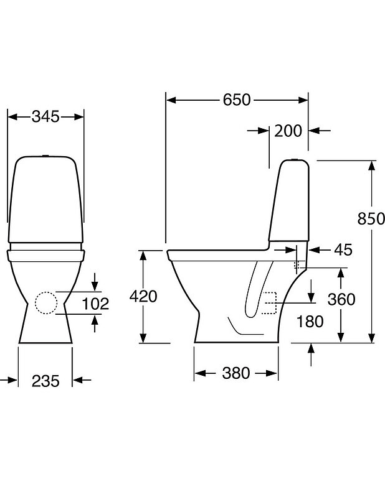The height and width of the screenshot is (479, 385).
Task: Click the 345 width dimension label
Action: [46, 116]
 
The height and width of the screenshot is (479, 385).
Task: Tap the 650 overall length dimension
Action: [237, 100]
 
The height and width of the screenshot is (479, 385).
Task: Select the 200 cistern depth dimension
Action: [288, 131]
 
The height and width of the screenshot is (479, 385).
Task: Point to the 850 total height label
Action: [371, 218]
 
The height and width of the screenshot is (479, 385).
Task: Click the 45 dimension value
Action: [343, 250]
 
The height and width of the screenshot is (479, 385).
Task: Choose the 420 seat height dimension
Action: [143, 296]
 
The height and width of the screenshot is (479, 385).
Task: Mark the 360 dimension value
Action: [341, 299]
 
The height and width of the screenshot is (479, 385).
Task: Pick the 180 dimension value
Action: [310, 321]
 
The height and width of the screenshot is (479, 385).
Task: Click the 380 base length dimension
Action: [235, 373]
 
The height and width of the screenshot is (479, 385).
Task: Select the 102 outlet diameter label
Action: [95, 304]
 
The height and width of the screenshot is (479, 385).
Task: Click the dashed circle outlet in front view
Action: [46, 303]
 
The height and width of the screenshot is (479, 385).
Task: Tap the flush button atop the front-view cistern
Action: [47, 155]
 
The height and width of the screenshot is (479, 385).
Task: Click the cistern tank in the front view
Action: [47, 199]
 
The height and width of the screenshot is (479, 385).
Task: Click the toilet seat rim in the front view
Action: [47, 254]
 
